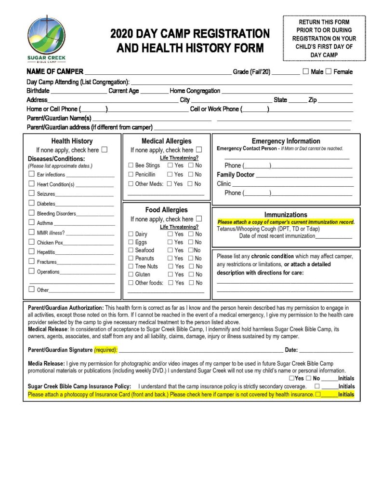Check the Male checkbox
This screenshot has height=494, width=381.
point(306,71)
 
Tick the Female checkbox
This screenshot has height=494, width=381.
point(328,71)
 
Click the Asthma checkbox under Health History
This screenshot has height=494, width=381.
point(31,222)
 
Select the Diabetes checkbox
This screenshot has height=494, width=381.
point(31,203)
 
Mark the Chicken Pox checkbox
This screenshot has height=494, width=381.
point(31,242)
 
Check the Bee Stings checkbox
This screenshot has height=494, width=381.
point(131,165)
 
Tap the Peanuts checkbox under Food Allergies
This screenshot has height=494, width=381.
point(131,258)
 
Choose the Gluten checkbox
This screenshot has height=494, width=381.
point(131,274)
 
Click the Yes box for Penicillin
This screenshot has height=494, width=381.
point(170,174)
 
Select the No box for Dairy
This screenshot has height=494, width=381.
point(191,234)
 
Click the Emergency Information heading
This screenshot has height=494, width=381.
point(286,141)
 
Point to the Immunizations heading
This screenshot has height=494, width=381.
point(286,215)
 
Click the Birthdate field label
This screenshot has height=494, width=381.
point(38,91)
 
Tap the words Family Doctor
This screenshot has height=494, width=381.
point(236,175)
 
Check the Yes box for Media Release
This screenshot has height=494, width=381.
point(292,378)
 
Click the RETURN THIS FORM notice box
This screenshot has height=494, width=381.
point(324,38)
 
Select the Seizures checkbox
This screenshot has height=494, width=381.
point(31,193)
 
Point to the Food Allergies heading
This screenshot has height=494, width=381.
point(166,210)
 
